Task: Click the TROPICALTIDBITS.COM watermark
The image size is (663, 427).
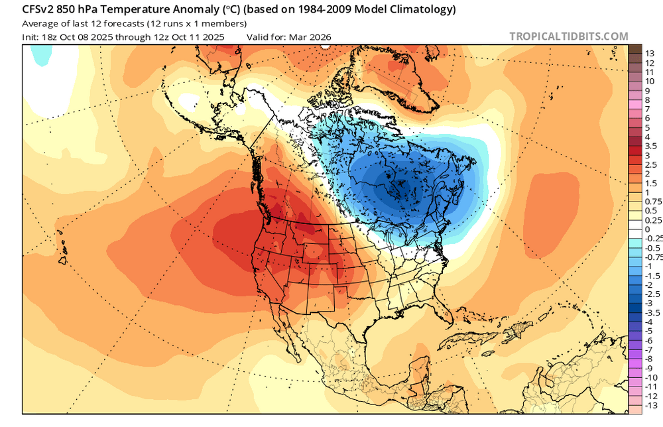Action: coord(568,36)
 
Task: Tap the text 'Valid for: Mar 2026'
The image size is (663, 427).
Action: coord(288,37)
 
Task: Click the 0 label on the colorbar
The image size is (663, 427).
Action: coord(648,229)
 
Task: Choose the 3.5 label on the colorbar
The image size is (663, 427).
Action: coord(651,145)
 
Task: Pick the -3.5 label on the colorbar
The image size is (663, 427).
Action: coord(652,312)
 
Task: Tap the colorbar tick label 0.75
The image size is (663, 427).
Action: coord(653,201)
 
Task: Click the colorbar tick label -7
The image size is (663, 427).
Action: coord(650,349)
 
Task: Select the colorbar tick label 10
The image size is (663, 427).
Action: coord(650,80)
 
